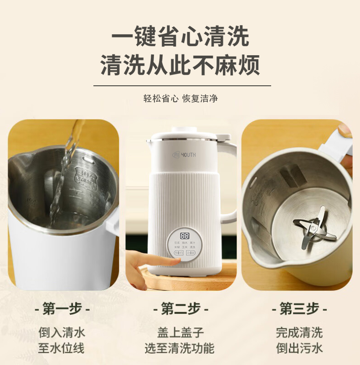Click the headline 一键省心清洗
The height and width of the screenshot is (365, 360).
pyautogui.click(x=180, y=36)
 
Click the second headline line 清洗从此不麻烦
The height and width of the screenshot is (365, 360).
pyautogui.click(x=180, y=65)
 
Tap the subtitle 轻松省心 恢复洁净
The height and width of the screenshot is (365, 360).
pyautogui.click(x=180, y=98)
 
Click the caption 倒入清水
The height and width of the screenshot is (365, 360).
pyautogui.click(x=62, y=332)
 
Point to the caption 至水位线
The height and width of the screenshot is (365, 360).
pyautogui.click(x=62, y=349)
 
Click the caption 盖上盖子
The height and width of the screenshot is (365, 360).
pyautogui.click(x=180, y=332)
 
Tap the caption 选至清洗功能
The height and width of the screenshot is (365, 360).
pyautogui.click(x=180, y=349)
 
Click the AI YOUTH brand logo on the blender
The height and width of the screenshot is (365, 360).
pyautogui.click(x=184, y=155)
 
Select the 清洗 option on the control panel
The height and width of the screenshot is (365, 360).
pyautogui.click(x=193, y=247)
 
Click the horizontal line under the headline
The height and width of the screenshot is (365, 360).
pyautogui.click(x=182, y=85)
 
